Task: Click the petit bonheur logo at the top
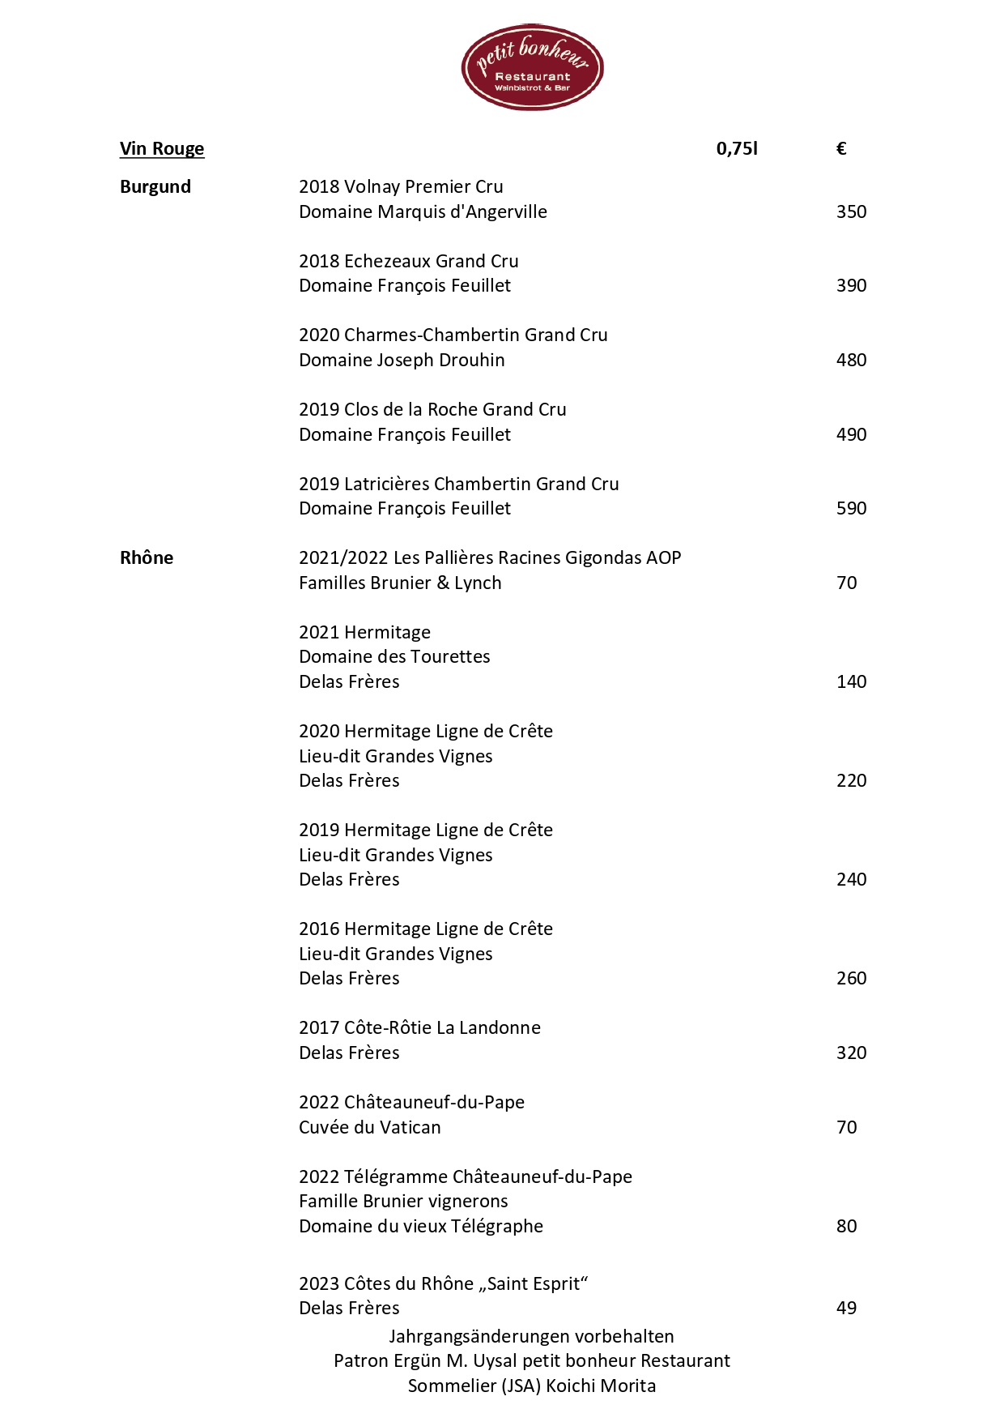(532, 67)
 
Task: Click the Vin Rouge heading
(162, 149)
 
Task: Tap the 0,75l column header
(737, 149)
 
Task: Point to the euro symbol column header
(841, 149)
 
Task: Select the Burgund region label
(155, 187)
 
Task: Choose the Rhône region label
(147, 558)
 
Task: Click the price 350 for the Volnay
(851, 212)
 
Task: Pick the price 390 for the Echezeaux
(851, 286)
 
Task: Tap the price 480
(851, 361)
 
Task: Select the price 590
(851, 509)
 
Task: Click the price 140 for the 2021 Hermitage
(851, 682)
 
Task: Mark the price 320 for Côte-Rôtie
(851, 1053)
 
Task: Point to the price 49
(846, 1309)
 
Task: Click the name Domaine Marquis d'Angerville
(423, 212)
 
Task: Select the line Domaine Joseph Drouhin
(402, 361)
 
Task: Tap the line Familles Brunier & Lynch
(400, 583)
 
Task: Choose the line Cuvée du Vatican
(370, 1128)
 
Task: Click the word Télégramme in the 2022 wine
(395, 1177)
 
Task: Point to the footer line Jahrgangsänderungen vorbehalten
(531, 1337)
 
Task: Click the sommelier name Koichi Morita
(601, 1386)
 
